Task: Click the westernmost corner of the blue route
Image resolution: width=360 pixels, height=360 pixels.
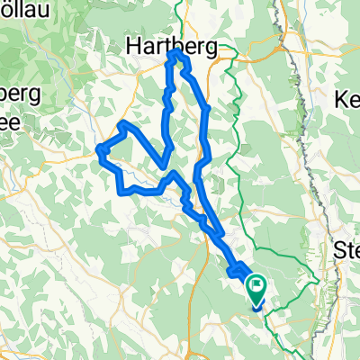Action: coord(98,151)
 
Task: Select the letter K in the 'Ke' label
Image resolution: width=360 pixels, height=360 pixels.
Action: coord(340,99)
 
